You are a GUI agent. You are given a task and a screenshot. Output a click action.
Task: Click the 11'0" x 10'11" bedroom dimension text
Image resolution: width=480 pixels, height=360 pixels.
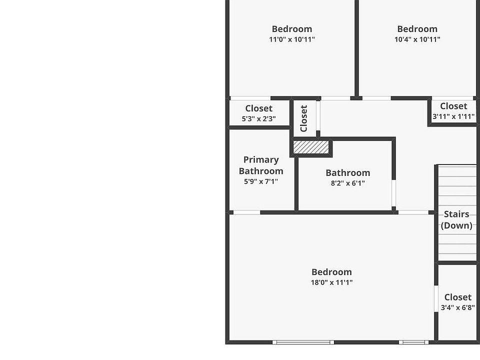click(x=291, y=39)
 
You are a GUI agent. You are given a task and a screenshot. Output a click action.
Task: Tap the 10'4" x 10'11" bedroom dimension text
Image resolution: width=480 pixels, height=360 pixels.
click(x=417, y=39)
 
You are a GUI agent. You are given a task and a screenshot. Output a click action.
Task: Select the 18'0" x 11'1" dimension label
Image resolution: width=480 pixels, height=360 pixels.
click(x=331, y=282)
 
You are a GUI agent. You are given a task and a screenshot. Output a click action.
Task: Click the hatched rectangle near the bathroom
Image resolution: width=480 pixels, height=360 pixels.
click(x=310, y=147)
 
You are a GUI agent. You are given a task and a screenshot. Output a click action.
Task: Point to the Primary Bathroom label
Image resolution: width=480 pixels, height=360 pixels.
click(x=261, y=165)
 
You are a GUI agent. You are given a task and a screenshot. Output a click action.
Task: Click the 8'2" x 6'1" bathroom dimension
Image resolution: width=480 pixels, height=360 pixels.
click(x=347, y=183)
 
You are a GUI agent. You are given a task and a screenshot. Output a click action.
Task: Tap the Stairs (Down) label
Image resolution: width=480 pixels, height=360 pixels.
click(x=456, y=219)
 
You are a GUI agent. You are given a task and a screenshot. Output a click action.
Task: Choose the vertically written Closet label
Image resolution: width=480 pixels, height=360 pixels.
click(x=303, y=118)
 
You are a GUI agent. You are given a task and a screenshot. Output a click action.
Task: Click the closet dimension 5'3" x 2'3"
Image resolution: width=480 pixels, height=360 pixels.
click(x=258, y=119)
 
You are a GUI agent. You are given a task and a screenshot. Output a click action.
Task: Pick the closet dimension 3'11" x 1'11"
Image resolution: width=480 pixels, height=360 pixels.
click(x=453, y=116)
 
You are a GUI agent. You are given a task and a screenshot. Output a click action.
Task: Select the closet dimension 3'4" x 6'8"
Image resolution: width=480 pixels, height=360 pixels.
click(x=457, y=308)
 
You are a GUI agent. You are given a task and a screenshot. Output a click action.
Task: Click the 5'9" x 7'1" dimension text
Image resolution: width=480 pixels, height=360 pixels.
click(x=260, y=181)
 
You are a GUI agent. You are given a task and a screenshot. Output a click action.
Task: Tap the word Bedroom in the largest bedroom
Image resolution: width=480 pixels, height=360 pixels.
click(x=331, y=272)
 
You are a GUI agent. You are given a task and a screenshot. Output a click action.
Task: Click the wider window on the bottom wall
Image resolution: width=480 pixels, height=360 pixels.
click(x=303, y=342)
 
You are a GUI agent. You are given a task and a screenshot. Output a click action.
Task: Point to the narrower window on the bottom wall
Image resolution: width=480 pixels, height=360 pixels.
click(x=413, y=342)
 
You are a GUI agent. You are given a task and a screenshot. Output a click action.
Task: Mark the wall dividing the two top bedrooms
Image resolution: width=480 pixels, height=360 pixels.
click(x=356, y=48)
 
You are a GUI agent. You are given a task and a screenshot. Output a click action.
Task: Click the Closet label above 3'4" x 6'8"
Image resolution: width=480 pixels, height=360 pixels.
click(x=457, y=297)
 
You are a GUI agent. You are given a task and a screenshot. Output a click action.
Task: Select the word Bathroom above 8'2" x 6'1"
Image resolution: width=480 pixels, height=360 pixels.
click(x=347, y=173)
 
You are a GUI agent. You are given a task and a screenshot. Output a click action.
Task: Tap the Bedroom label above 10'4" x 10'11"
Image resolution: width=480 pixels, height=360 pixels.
click(x=417, y=29)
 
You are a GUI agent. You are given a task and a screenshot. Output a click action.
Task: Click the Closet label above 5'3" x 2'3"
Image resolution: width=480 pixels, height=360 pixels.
click(x=258, y=108)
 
